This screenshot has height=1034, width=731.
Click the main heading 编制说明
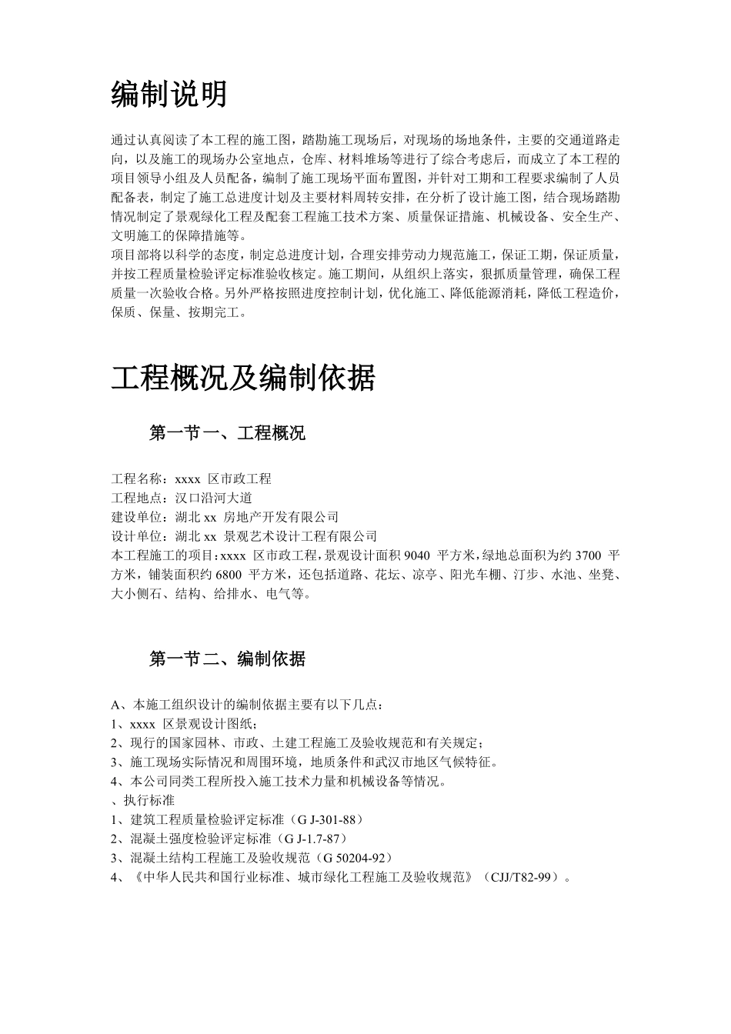click(x=169, y=94)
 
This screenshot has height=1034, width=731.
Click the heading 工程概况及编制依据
click(x=243, y=378)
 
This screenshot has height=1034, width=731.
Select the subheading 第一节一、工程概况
click(x=227, y=433)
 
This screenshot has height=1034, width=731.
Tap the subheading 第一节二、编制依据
click(x=227, y=659)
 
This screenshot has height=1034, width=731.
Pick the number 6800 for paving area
click(x=229, y=575)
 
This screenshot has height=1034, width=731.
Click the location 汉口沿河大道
click(x=213, y=498)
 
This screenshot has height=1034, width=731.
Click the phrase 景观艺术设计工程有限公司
click(x=300, y=536)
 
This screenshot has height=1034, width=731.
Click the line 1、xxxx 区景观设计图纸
click(x=185, y=724)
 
